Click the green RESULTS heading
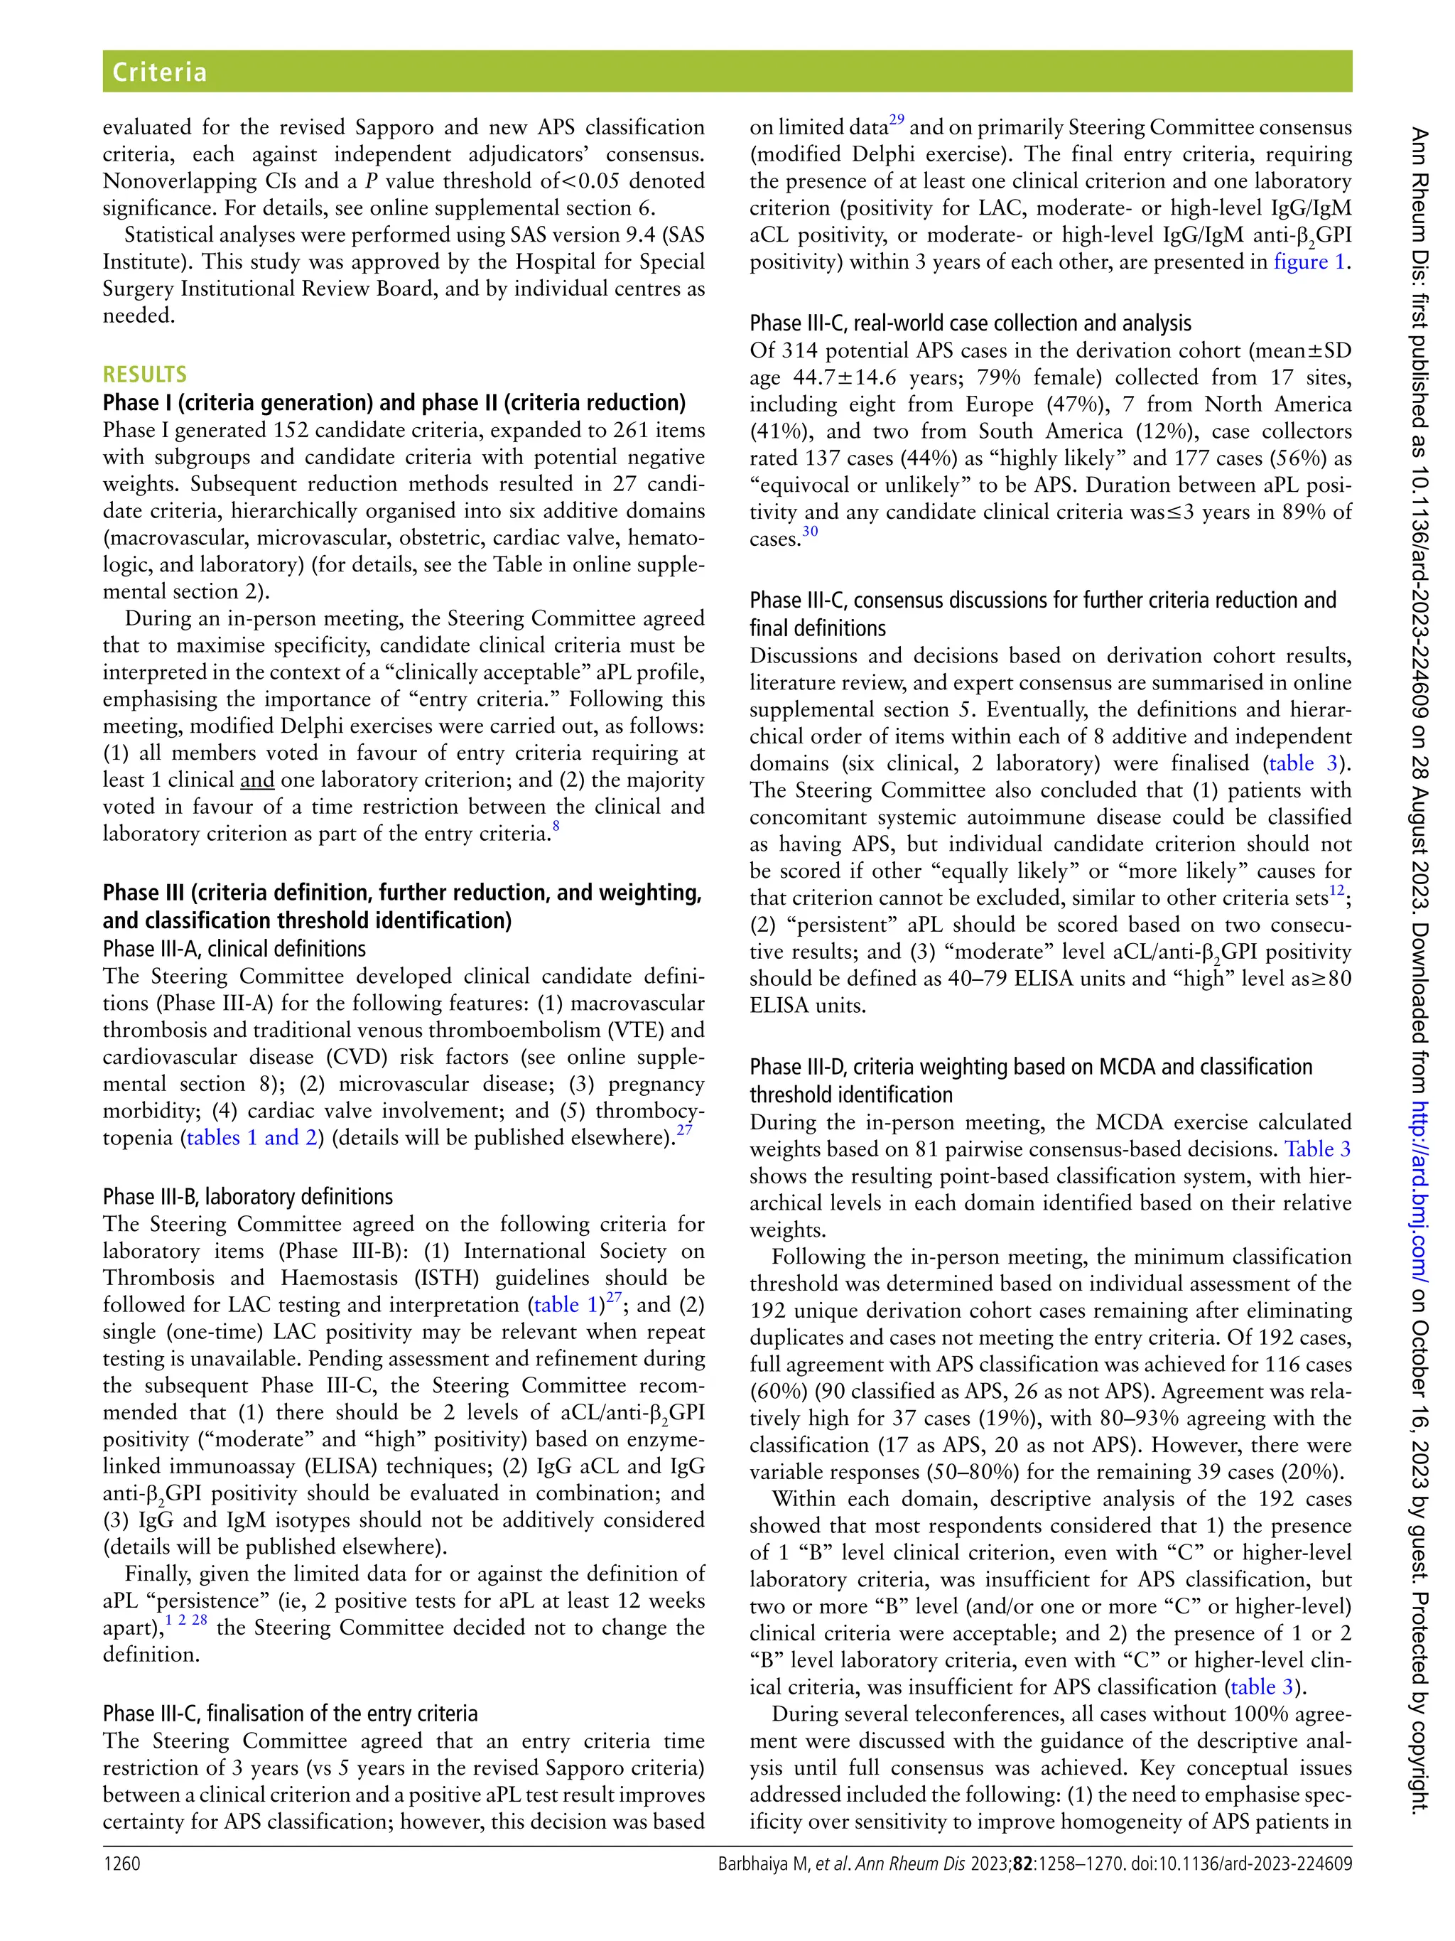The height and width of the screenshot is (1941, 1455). pyautogui.click(x=145, y=375)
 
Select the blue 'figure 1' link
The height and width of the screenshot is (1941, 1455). pyautogui.click(x=1309, y=262)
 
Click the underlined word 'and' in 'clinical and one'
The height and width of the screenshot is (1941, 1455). pyautogui.click(x=257, y=780)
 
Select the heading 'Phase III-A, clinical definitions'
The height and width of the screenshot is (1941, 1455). pyautogui.click(x=234, y=949)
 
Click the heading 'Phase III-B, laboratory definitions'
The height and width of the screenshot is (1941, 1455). pyautogui.click(x=247, y=1197)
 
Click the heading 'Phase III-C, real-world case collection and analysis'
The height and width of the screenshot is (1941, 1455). pyautogui.click(x=970, y=323)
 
